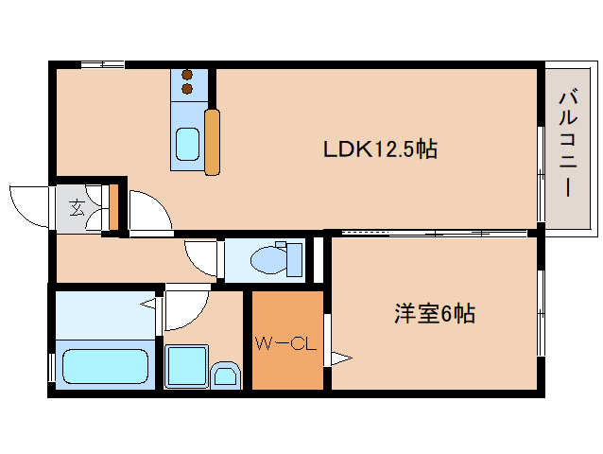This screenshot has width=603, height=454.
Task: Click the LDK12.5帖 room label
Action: tap(380, 148)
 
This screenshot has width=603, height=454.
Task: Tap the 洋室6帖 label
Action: tap(435, 314)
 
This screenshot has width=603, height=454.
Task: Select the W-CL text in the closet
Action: tap(286, 343)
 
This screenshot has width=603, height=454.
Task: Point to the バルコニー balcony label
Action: tap(568, 143)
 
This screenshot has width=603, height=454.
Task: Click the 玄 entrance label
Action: tap(77, 208)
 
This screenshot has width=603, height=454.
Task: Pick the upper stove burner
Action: tap(187, 75)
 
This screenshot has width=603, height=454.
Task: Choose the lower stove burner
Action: tap(187, 89)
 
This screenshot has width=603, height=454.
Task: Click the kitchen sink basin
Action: tap(188, 145)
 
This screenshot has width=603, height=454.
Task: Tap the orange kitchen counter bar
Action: tap(213, 142)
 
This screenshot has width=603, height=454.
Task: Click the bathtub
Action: tap(105, 366)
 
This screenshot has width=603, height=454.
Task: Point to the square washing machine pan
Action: tap(187, 366)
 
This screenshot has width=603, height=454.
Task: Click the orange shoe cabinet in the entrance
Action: tap(113, 207)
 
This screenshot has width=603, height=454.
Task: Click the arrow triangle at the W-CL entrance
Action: tap(341, 358)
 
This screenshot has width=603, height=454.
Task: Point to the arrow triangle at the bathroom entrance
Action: tap(148, 305)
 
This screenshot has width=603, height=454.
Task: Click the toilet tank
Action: tap(294, 260)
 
